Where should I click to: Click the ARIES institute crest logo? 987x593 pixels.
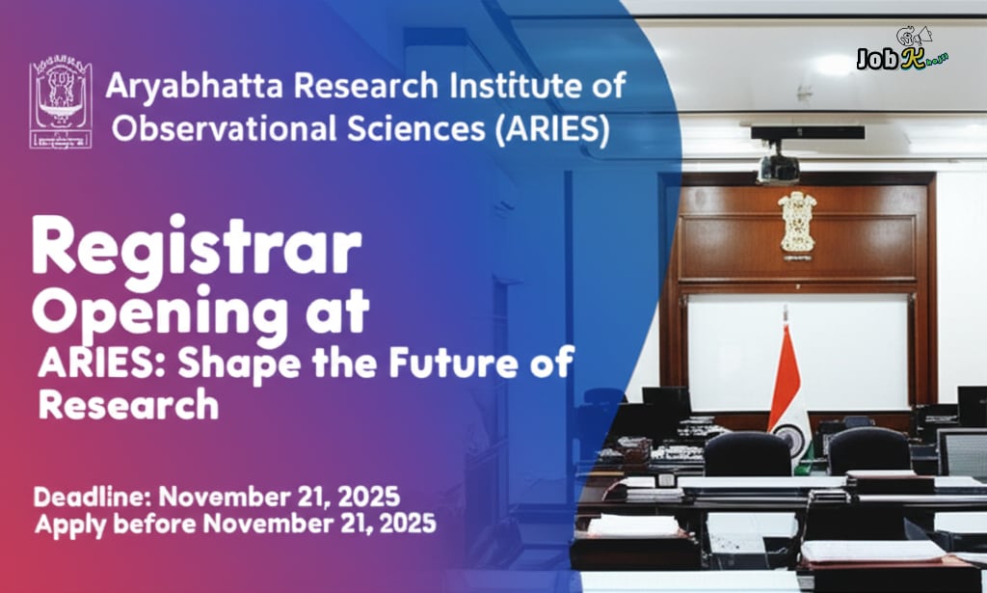coord(62,104)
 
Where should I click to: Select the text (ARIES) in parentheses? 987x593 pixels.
coord(550,129)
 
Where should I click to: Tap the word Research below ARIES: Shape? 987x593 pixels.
coord(128,404)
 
